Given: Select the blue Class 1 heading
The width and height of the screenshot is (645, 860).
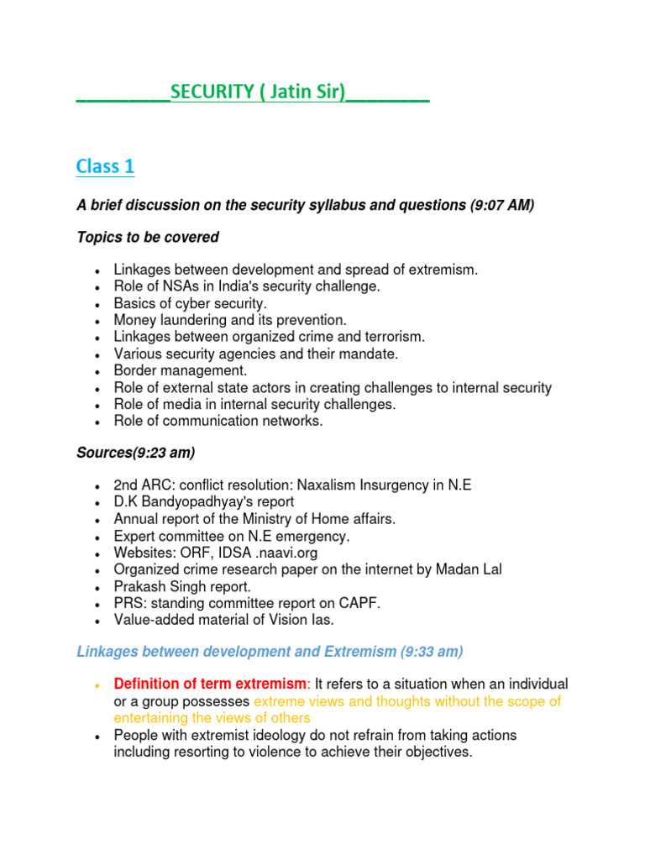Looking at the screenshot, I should click(105, 166).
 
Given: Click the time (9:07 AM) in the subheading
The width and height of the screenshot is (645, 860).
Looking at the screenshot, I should click(501, 206).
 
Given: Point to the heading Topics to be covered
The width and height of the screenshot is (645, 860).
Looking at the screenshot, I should click(148, 238).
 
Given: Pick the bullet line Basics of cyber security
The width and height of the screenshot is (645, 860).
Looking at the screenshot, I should click(190, 303).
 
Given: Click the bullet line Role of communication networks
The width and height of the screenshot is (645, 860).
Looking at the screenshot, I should click(218, 421).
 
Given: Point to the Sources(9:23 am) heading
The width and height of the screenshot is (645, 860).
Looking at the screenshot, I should click(135, 453).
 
